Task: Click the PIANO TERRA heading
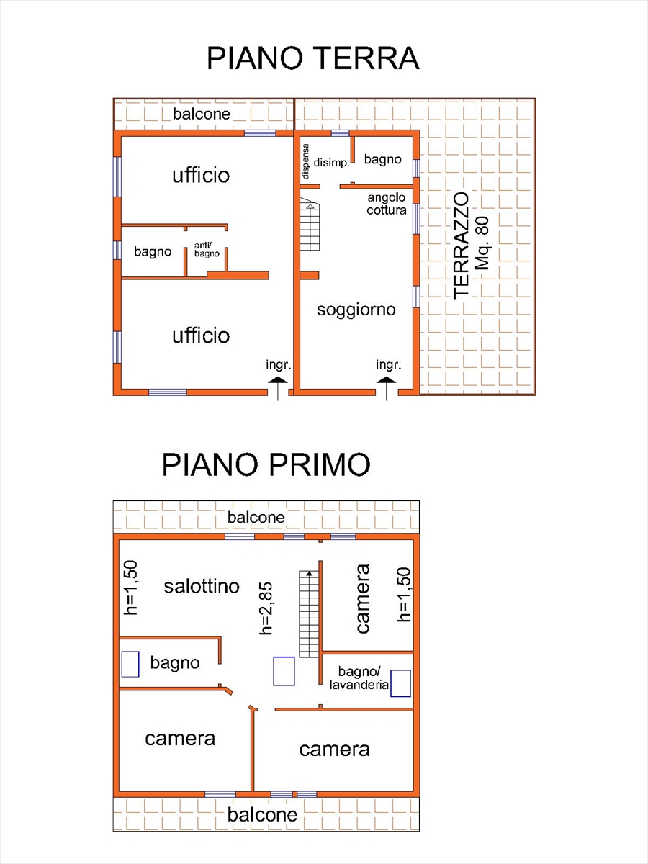click(312, 58)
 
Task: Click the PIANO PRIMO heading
click(266, 465)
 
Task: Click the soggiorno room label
click(356, 310)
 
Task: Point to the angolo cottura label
click(387, 204)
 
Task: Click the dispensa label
click(306, 161)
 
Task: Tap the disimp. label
click(331, 163)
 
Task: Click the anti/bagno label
click(207, 250)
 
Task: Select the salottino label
click(202, 586)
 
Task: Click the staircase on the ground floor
click(310, 227)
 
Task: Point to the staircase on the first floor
click(309, 613)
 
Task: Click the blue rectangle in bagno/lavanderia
click(400, 683)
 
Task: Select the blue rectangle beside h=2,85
click(284, 671)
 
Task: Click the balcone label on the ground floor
click(202, 114)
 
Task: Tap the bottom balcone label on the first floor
click(262, 814)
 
